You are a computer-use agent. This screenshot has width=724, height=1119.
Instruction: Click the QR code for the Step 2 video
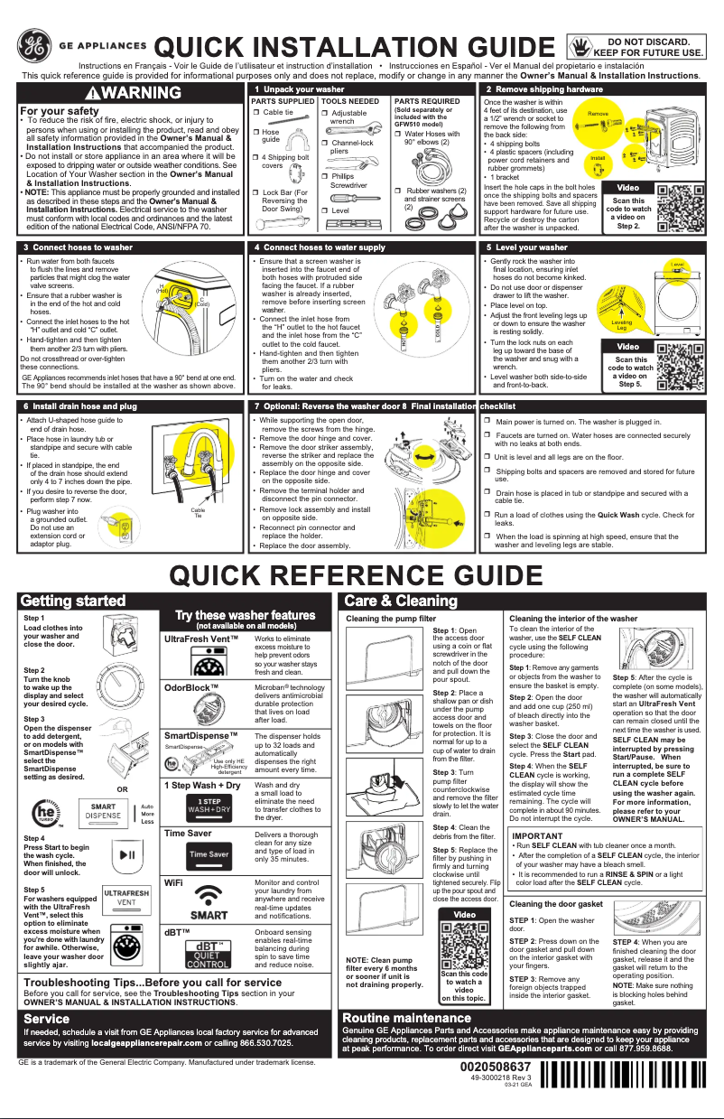tap(679, 208)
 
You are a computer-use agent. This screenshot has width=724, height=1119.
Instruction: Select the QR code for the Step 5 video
tap(679, 363)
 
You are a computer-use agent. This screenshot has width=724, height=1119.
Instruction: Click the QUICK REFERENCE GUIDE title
tap(361, 575)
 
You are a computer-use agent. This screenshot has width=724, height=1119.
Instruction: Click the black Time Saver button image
tap(208, 853)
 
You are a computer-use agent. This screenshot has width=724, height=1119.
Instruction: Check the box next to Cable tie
tap(255, 112)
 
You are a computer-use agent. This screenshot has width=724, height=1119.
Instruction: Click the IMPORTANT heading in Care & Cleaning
tap(538, 836)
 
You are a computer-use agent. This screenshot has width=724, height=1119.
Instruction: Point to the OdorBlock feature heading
tap(191, 687)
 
